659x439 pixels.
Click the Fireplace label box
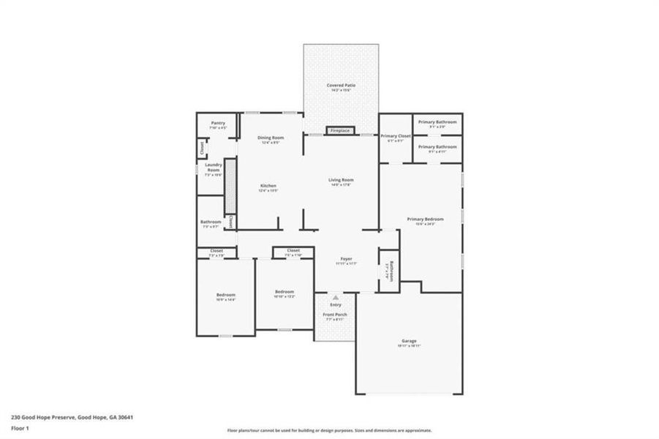(340, 131)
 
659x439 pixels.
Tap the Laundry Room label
(213, 170)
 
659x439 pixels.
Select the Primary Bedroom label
(421, 221)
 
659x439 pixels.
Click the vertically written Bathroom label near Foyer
(391, 271)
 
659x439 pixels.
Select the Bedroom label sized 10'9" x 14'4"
(225, 296)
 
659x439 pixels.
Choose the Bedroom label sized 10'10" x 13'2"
(284, 293)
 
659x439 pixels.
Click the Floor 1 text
(20, 429)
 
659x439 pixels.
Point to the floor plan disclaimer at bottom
(329, 430)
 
